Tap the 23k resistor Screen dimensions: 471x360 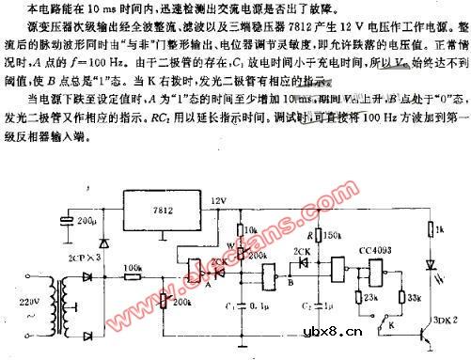coord(359,300)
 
